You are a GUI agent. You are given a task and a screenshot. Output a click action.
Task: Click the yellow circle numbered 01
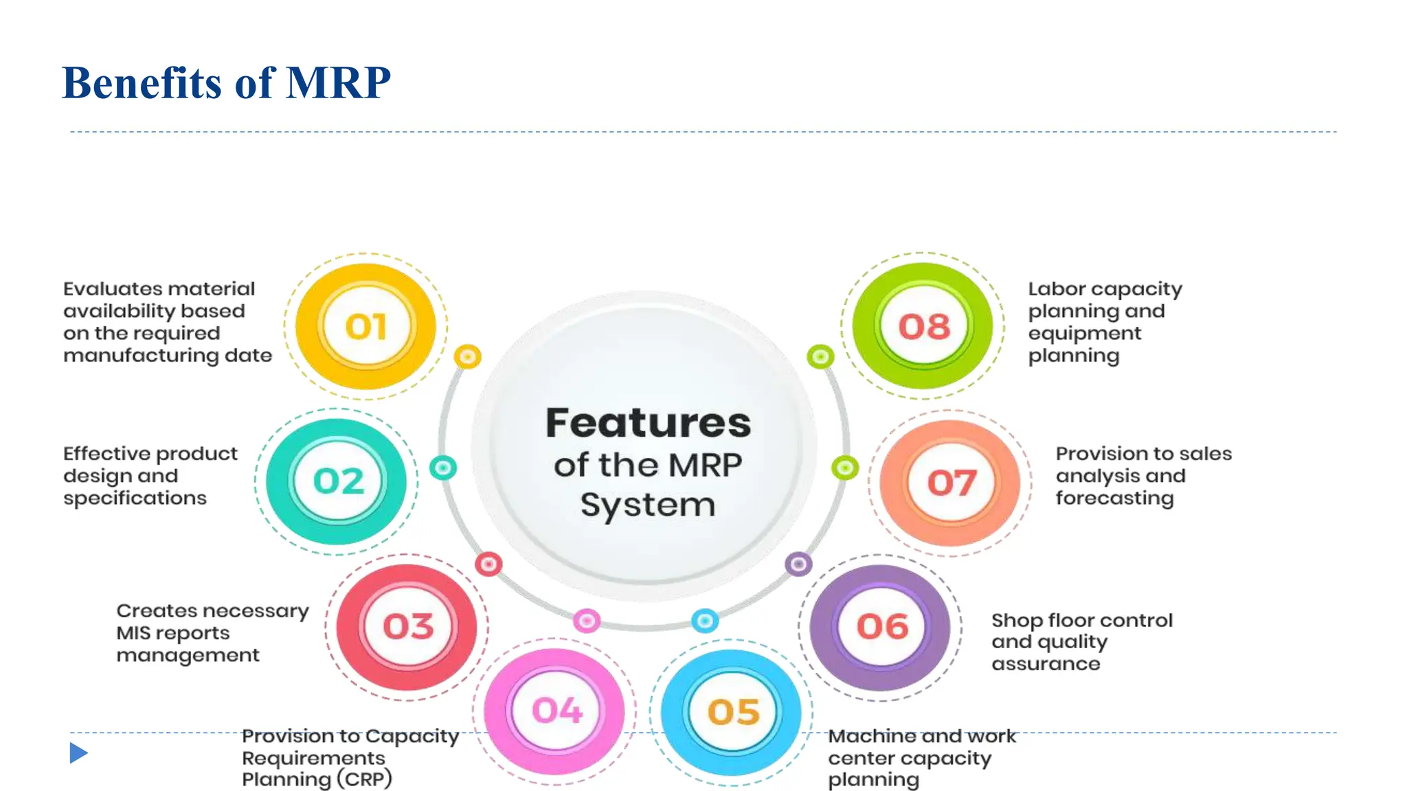coord(366,326)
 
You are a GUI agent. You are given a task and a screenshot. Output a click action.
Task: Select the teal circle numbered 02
coord(337,481)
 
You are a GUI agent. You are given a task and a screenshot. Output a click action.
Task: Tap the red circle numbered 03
coord(407,626)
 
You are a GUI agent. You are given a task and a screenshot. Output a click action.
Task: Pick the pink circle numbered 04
coord(556,710)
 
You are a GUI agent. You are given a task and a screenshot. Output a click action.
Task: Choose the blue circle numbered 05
coord(732,712)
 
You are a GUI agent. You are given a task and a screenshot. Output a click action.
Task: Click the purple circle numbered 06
coord(881,626)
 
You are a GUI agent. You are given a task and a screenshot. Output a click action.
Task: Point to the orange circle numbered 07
coord(951,482)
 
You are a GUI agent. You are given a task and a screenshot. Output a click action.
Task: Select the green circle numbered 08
coord(923,326)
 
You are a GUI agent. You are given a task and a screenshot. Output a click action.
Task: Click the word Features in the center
coord(648,423)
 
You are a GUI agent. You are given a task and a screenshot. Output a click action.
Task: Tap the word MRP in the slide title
coord(338,83)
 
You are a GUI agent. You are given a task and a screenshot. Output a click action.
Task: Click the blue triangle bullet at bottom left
coord(78,753)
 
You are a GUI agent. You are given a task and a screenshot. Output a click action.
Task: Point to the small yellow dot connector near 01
coord(468,356)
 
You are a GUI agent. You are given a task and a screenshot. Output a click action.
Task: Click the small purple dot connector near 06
coord(798,564)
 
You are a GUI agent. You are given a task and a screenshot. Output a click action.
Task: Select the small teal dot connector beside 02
coord(443,468)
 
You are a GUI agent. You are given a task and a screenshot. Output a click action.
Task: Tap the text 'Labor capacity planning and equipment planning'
coord(1104,321)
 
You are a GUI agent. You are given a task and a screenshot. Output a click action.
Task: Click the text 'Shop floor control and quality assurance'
coord(1081,641)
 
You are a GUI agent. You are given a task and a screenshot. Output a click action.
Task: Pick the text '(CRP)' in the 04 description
coord(364,779)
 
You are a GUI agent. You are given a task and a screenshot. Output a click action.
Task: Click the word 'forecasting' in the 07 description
coord(1114,498)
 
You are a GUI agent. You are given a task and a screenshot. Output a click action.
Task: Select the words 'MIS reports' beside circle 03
coord(172,633)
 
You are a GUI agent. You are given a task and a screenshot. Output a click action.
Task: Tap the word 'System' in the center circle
coord(648,505)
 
